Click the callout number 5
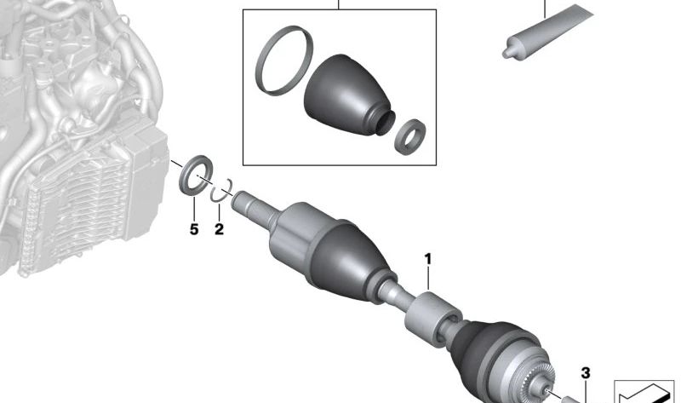pyautogui.click(x=194, y=229)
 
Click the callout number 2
pyautogui.click(x=220, y=229)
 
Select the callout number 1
pyautogui.click(x=428, y=259)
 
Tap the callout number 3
pyautogui.click(x=586, y=373)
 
